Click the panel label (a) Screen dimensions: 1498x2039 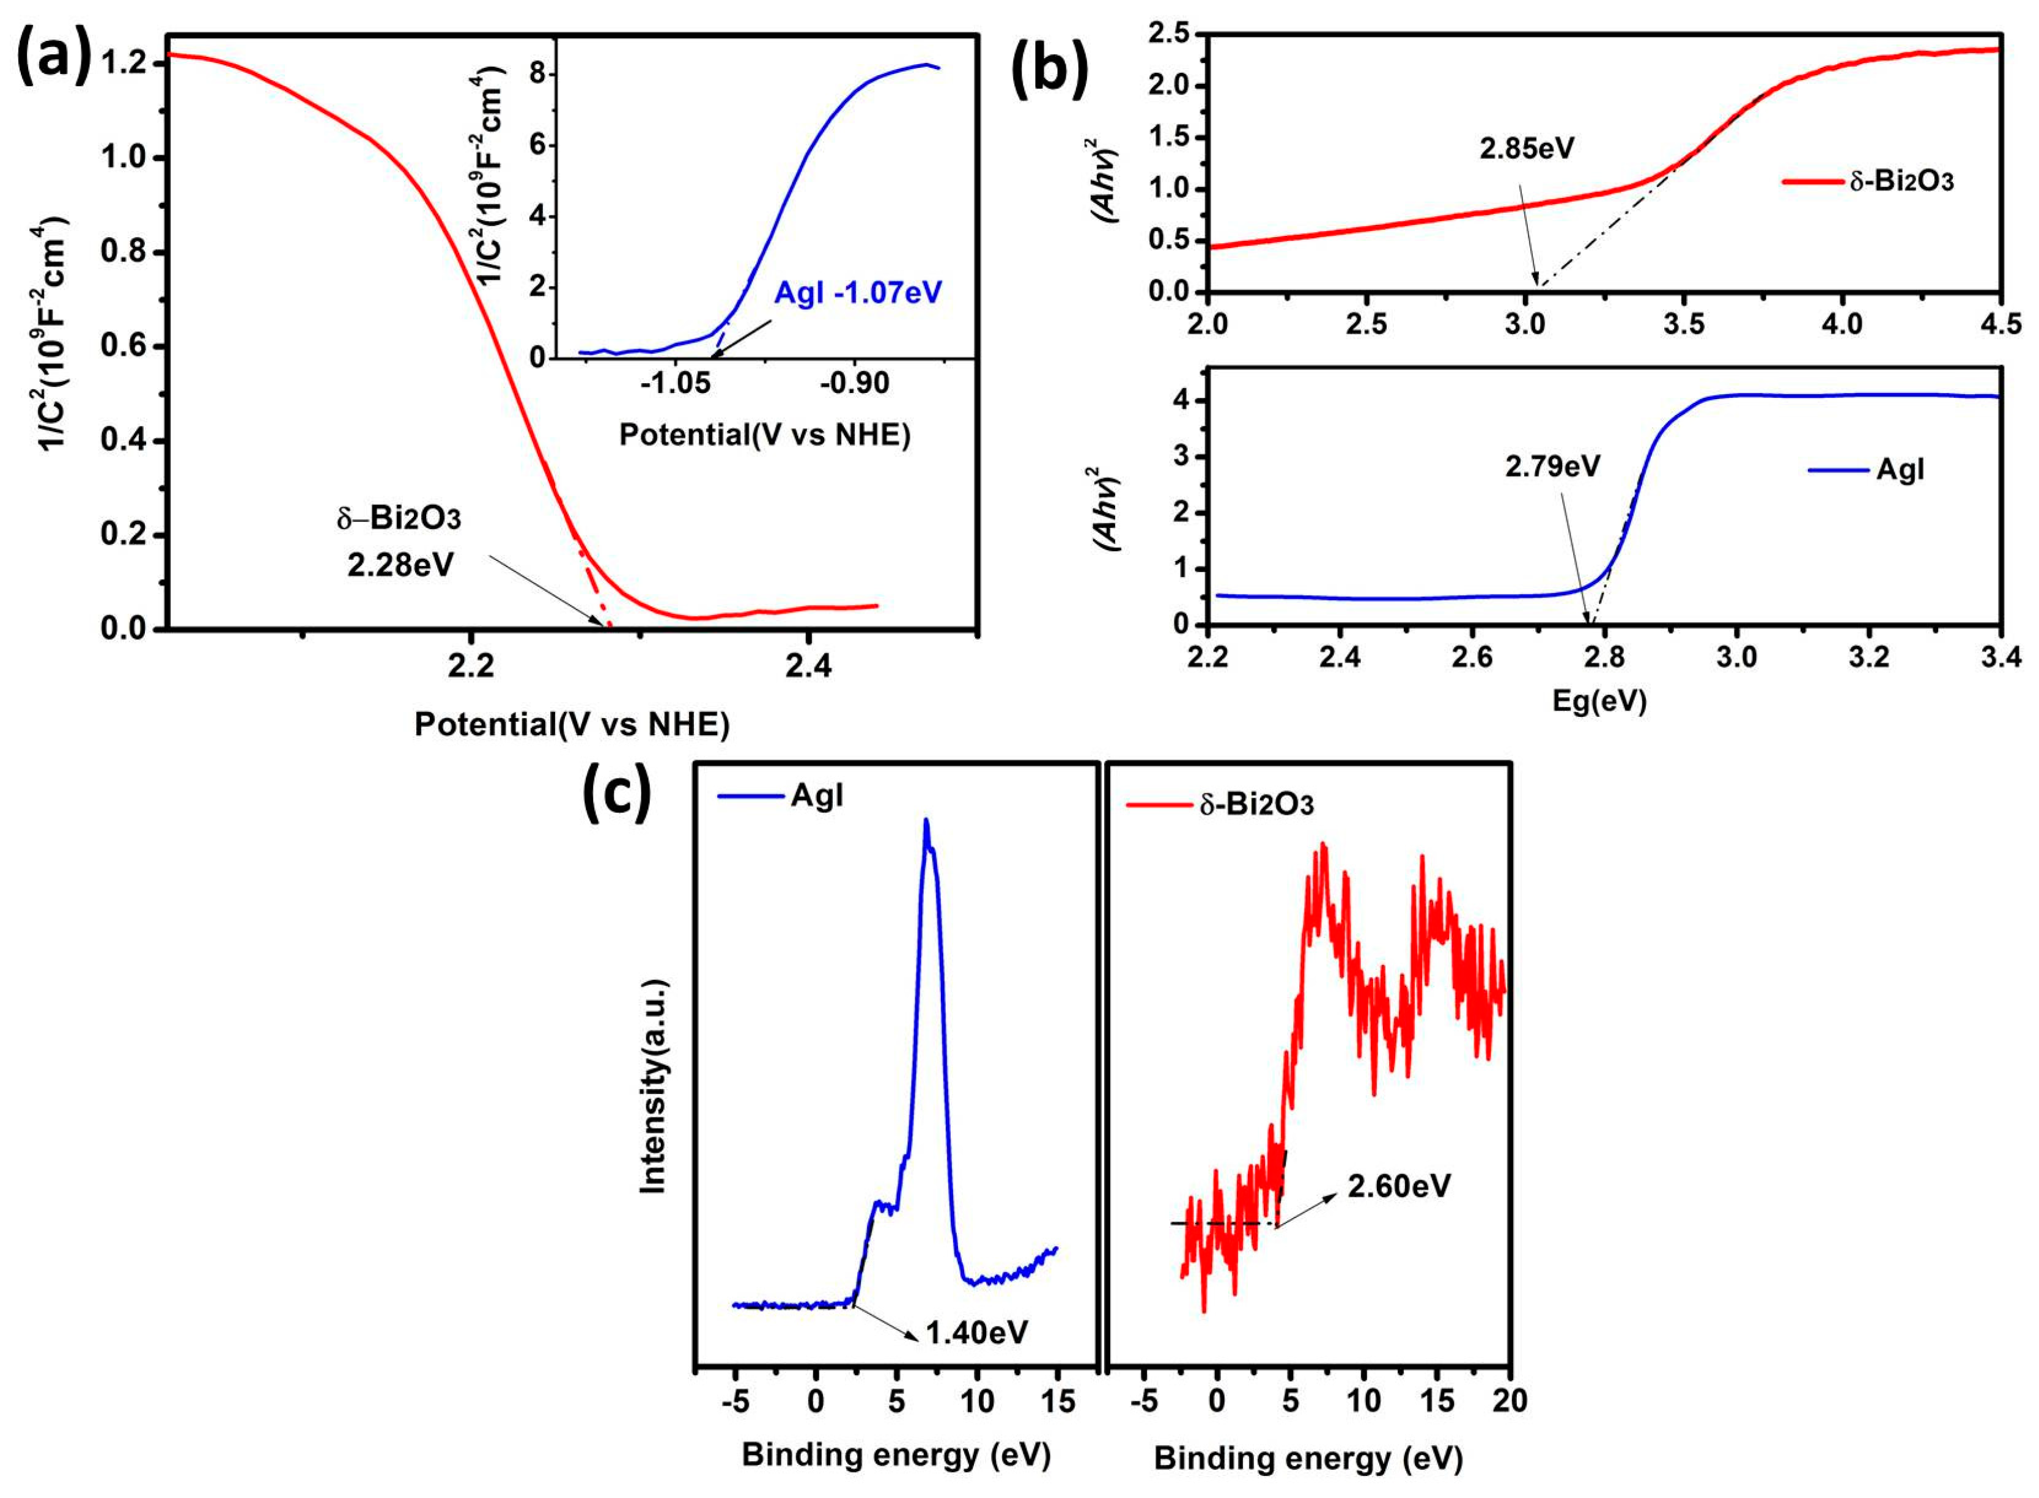(54, 56)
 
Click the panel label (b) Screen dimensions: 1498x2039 (1049, 65)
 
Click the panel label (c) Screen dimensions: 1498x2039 (617, 791)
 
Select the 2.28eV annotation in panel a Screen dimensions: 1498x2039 (400, 565)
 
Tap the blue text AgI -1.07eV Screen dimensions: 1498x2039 (857, 293)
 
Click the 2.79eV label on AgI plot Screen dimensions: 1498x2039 (1553, 466)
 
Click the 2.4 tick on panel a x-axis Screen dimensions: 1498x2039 (808, 666)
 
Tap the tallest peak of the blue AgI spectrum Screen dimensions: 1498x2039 (926, 821)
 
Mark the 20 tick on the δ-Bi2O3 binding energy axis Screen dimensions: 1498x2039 (1510, 1401)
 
